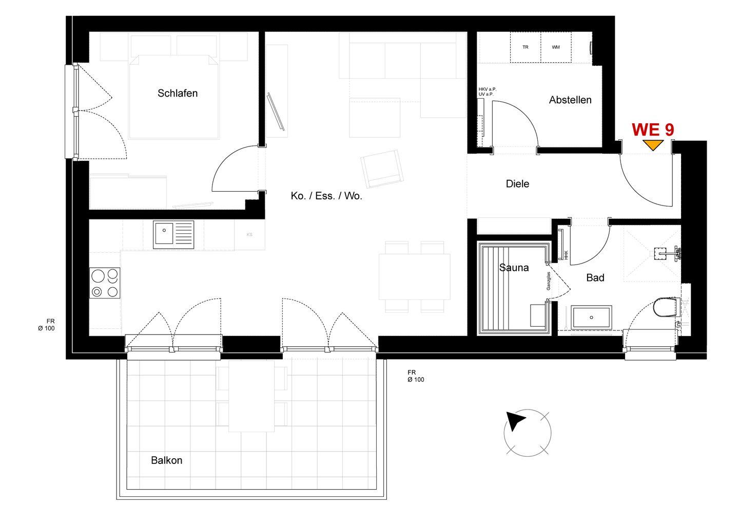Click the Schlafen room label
(x=178, y=94)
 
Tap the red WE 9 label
(x=653, y=130)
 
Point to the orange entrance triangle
(x=653, y=145)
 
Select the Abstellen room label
(x=570, y=100)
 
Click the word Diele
(x=517, y=183)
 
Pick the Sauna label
(x=514, y=268)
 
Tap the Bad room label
(x=595, y=277)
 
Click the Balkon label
(x=167, y=460)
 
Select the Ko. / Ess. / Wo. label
(x=326, y=196)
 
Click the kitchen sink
(x=173, y=235)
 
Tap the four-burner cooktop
(x=105, y=283)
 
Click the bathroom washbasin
(x=592, y=317)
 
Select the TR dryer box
(x=525, y=47)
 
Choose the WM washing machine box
(x=556, y=47)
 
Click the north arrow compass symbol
(x=527, y=433)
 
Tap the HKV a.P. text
(x=488, y=89)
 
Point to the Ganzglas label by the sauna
(x=548, y=281)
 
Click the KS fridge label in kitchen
(x=249, y=234)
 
